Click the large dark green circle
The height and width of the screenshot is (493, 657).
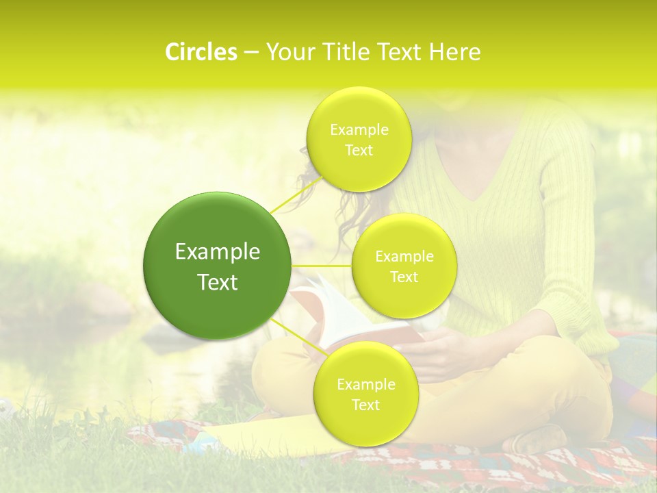pyautogui.click(x=218, y=266)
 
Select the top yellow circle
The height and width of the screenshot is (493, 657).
pyautogui.click(x=359, y=140)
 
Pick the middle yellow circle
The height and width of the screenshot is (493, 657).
pyautogui.click(x=404, y=266)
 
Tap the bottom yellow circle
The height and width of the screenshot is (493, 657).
pyautogui.click(x=365, y=394)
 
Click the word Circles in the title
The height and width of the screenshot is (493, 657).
pyautogui.click(x=201, y=52)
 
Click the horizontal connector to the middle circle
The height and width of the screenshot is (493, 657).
pyautogui.click(x=322, y=265)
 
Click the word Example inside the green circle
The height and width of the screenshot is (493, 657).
pyautogui.click(x=218, y=252)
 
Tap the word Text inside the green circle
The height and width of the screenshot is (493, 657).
pyautogui.click(x=218, y=282)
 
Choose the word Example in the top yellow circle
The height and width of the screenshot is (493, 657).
pyautogui.click(x=359, y=130)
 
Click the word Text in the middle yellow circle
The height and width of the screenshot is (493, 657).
pyautogui.click(x=404, y=277)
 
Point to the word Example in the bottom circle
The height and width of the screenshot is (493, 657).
pyautogui.click(x=366, y=385)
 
